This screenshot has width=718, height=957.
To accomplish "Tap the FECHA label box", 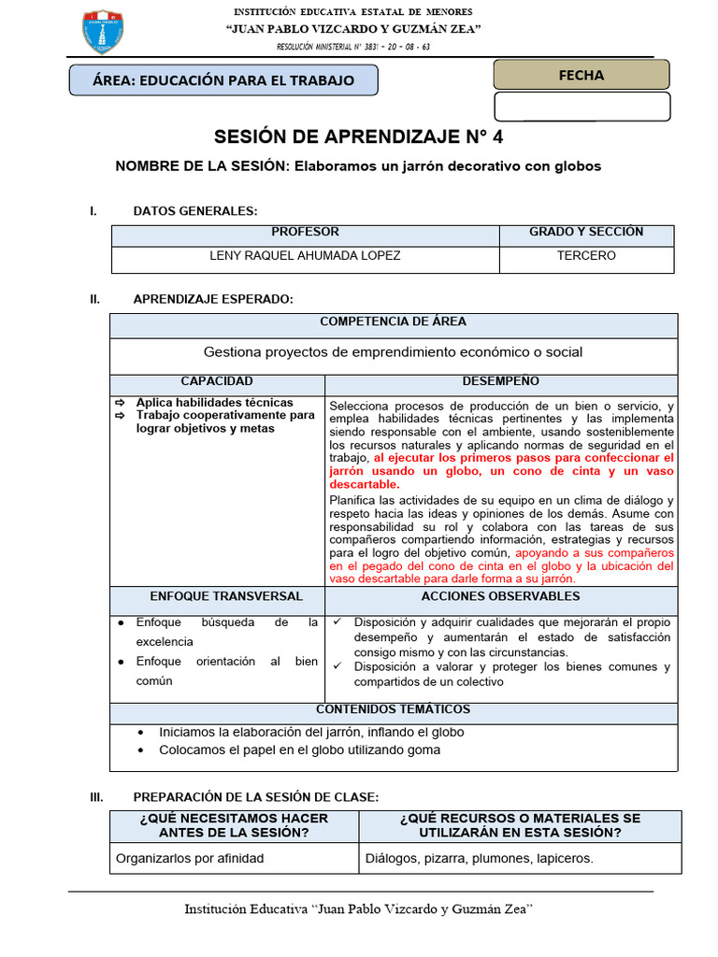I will click(582, 75).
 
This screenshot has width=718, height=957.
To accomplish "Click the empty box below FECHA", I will click(582, 107).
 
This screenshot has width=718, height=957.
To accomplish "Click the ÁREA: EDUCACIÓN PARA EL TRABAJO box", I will click(223, 80).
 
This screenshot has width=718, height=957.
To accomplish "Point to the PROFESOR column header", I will click(305, 233).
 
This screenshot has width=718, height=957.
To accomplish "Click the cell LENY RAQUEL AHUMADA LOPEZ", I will click(305, 256).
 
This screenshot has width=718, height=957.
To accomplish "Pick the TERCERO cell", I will click(586, 256).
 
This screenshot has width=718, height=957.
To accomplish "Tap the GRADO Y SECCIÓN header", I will click(586, 233).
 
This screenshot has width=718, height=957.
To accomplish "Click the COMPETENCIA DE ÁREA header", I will click(393, 322).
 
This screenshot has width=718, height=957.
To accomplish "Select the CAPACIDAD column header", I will click(217, 382).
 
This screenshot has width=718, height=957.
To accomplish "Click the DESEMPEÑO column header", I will click(500, 382).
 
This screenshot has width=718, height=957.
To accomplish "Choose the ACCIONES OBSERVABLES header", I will click(500, 597).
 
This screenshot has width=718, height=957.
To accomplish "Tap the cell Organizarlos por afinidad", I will click(190, 858).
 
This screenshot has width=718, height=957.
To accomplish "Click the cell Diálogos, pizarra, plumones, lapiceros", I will click(480, 858).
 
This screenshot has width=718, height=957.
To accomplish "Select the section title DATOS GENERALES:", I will click(195, 211).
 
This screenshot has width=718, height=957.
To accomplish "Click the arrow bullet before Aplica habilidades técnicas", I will click(121, 403).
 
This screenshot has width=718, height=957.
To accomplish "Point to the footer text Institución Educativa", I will click(359, 909).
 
